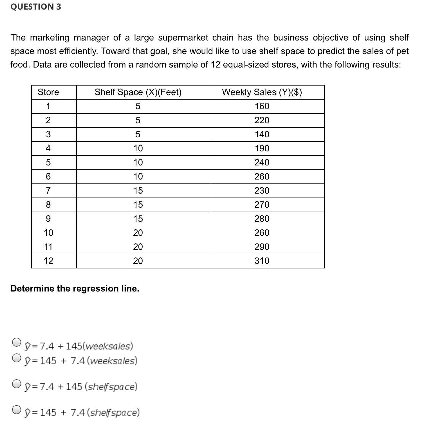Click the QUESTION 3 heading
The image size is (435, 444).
[36, 7]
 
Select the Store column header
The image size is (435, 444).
[48, 92]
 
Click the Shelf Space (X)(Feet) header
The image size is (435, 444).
[138, 92]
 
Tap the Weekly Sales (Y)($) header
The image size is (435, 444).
[262, 92]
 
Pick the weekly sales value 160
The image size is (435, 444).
[262, 106]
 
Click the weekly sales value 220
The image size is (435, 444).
[262, 120]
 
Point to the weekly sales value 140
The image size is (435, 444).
[262, 134]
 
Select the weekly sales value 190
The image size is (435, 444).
[262, 149]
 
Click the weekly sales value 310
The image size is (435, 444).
[262, 261]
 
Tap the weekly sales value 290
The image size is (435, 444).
[262, 247]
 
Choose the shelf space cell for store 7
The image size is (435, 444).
[138, 191]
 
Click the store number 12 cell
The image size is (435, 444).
[48, 261]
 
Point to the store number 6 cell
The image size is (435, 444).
[48, 177]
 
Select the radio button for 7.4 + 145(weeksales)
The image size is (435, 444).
[17, 342]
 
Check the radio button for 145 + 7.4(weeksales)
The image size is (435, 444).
[17, 358]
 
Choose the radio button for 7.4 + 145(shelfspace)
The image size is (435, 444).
[17, 384]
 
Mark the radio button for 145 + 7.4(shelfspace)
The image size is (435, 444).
[17, 410]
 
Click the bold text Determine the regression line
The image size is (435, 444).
[75, 289]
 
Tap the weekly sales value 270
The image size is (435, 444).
[262, 205]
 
